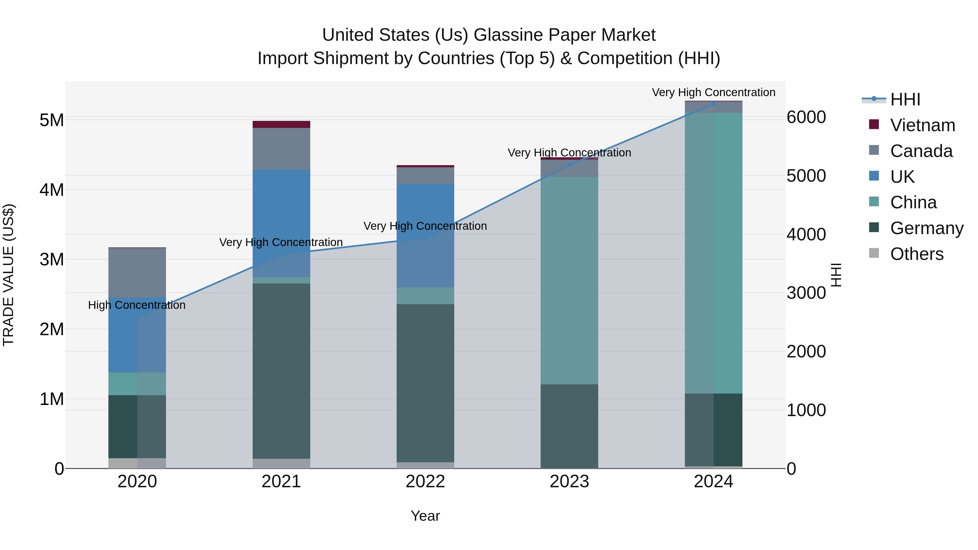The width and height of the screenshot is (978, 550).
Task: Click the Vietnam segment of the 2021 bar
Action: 281,124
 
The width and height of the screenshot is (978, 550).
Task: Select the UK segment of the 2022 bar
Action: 425,235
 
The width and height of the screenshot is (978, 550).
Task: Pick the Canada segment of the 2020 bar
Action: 137,272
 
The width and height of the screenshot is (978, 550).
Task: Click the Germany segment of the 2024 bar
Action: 713,430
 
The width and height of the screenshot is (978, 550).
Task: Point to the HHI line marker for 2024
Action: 713,104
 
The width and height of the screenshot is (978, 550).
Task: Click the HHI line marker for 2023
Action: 569,165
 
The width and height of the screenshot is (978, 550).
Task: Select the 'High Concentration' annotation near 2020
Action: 137,305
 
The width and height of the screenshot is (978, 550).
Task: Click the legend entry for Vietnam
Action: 922,125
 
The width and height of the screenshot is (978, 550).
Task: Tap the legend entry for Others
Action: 917,254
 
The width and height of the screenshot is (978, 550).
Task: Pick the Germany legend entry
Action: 926,228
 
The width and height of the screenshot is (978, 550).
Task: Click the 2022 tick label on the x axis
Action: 425,482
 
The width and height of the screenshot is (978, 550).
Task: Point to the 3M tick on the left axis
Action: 52,260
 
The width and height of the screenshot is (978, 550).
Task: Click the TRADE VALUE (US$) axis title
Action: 8,275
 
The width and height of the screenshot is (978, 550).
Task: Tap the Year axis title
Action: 425,516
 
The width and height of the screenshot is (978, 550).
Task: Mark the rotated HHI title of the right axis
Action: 836,275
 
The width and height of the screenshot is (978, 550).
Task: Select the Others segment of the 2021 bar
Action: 281,463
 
